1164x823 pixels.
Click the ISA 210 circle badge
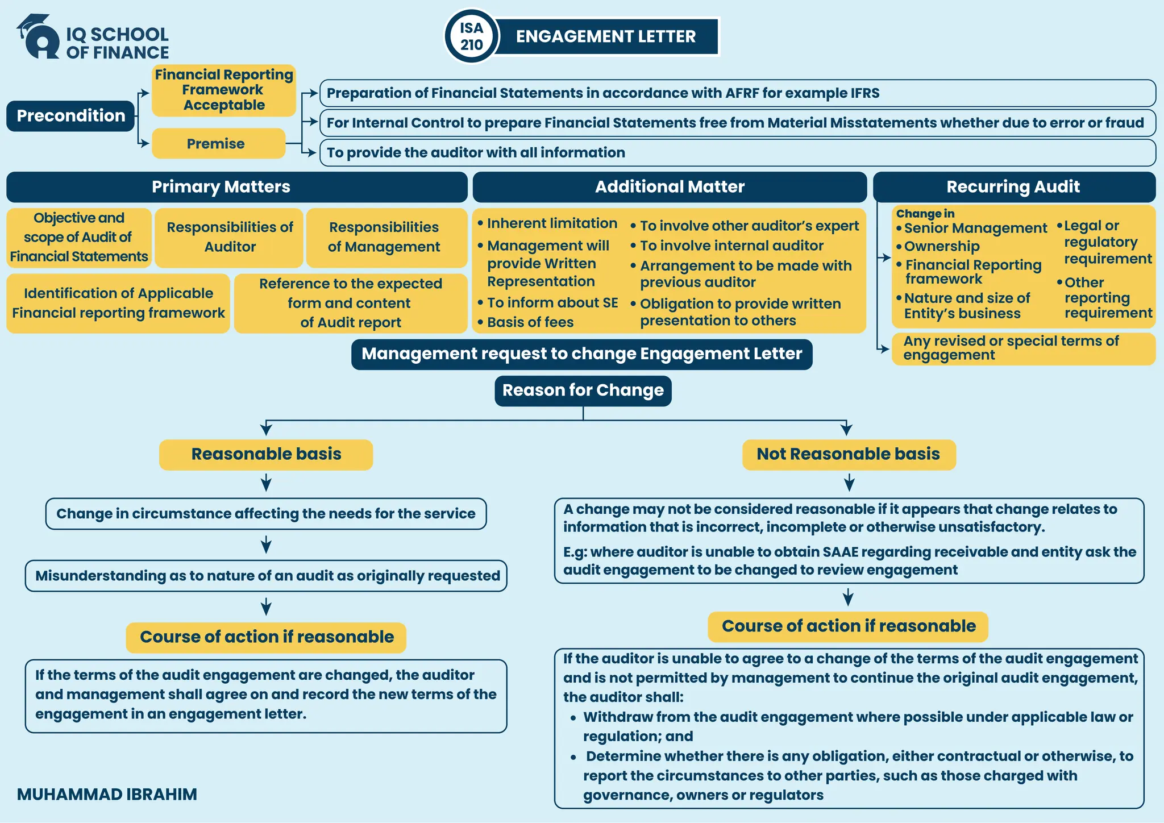[471, 36]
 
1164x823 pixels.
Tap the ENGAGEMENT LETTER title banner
[606, 36]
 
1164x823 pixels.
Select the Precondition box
[70, 116]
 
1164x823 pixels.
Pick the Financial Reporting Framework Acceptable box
[224, 90]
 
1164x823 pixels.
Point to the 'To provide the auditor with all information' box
[737, 153]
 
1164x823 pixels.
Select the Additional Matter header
[670, 187]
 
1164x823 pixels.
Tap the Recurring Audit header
[1014, 187]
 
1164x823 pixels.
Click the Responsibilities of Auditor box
[229, 237]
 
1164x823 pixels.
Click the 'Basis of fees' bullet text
[530, 322]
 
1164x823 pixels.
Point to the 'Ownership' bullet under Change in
[942, 247]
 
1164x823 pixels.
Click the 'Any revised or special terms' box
[1023, 348]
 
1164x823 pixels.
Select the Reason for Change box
[583, 390]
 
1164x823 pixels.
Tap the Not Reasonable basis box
[849, 455]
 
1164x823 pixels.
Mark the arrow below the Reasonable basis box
[266, 484]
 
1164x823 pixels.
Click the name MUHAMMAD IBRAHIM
[107, 795]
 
